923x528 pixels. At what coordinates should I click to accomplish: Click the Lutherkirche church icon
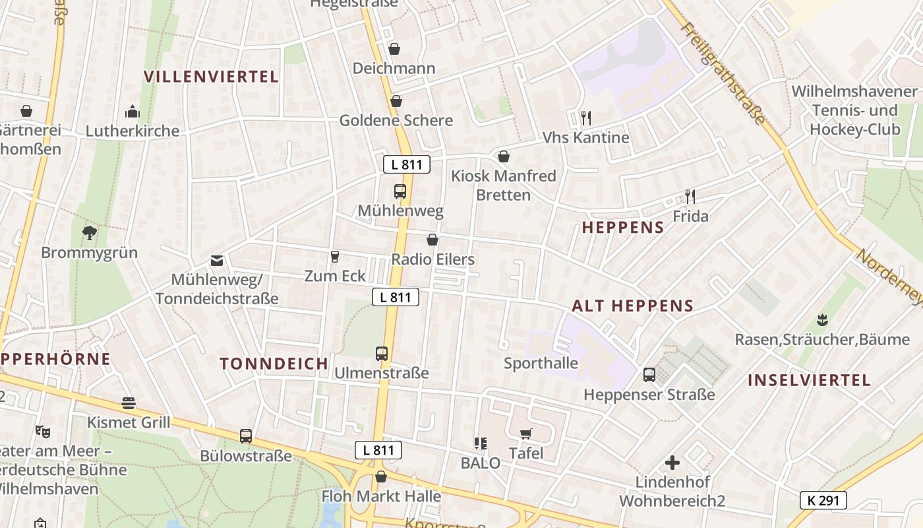(133, 111)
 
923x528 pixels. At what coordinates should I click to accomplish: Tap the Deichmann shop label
(394, 68)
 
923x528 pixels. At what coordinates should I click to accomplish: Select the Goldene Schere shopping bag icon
(396, 101)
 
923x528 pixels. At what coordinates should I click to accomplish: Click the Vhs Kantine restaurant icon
(585, 117)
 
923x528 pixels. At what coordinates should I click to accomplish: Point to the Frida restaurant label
(690, 216)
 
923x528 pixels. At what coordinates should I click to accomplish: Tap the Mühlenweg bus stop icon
(400, 191)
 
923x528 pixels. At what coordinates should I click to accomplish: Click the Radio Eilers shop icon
(432, 240)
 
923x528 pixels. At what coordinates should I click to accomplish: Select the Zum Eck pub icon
(334, 256)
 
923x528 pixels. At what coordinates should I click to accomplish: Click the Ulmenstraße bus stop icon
(382, 353)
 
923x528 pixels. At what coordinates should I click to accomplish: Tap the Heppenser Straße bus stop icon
(649, 375)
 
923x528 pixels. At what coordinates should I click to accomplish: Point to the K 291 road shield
(823, 500)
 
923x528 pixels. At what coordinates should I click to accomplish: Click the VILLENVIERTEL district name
(211, 77)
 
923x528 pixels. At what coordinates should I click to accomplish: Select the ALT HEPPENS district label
(632, 306)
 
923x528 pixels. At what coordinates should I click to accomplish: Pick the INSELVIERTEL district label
(809, 380)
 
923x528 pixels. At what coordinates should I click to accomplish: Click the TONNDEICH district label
(274, 364)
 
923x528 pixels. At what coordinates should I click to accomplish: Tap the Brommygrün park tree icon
(89, 232)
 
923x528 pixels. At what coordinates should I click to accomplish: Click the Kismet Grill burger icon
(129, 403)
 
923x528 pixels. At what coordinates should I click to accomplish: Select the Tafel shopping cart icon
(526, 434)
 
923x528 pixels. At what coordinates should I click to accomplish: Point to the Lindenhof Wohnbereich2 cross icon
(672, 463)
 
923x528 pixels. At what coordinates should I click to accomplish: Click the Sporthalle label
(541, 363)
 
